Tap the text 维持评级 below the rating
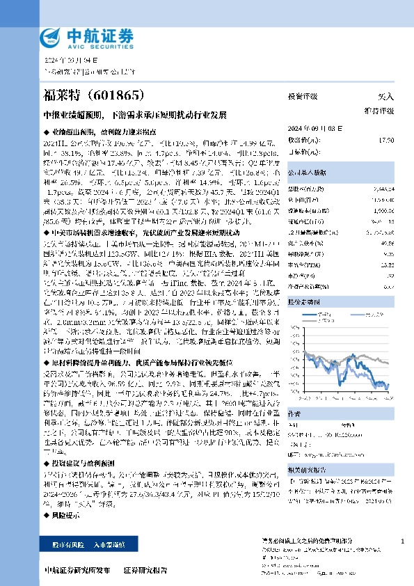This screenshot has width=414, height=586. tap(379, 111)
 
